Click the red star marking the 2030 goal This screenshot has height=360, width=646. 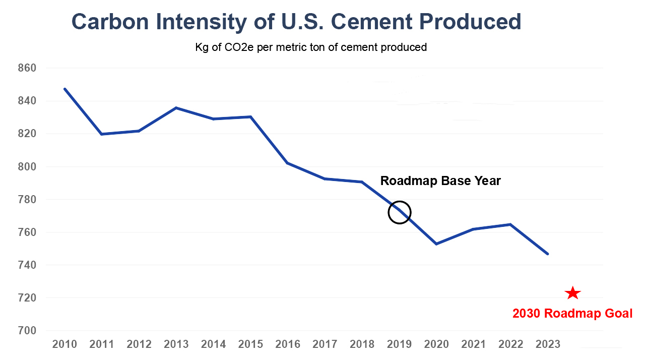(x=572, y=293)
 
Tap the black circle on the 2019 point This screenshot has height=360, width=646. (x=400, y=212)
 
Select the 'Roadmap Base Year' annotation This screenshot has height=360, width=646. (x=440, y=181)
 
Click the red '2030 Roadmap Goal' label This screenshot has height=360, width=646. (x=572, y=314)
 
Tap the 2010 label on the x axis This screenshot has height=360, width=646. (x=64, y=344)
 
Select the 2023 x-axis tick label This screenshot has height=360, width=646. (x=548, y=344)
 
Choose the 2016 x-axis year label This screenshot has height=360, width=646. (x=288, y=344)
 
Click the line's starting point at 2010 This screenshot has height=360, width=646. (x=65, y=89)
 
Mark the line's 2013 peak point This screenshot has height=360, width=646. (x=176, y=108)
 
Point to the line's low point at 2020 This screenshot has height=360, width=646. (x=436, y=244)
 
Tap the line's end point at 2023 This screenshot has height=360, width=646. (x=548, y=254)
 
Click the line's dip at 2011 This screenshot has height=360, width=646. (x=101, y=134)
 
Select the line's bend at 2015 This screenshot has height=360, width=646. (x=250, y=117)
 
